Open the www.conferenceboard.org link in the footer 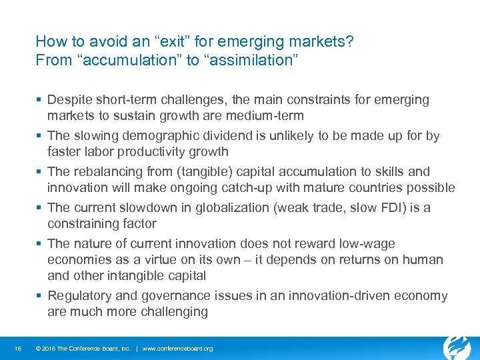point(178,349)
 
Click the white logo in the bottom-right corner point(457,347)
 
